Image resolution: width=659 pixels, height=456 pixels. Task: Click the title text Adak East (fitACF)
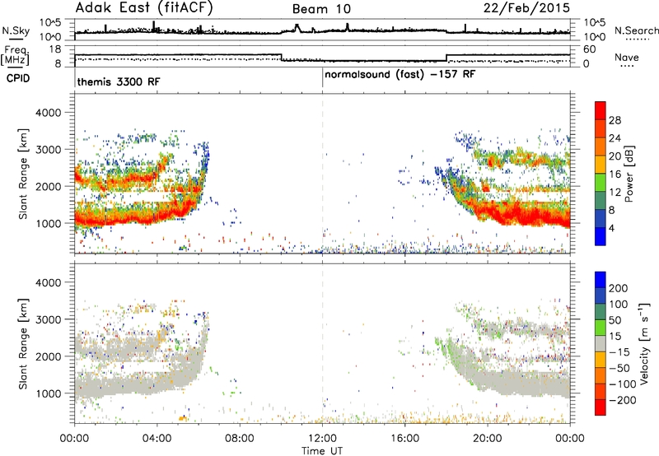coord(144,7)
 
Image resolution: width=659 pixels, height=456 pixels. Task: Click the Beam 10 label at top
coord(321,9)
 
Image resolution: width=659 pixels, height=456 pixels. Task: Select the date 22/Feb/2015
coord(526,7)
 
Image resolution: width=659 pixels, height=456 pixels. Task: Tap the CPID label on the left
coord(18,78)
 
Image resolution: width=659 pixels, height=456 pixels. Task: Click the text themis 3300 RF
coord(119,81)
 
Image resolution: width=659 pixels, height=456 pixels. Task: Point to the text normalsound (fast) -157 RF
coord(400,75)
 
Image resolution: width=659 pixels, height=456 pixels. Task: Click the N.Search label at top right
coord(636,30)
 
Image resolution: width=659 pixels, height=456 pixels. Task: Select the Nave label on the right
coord(627,57)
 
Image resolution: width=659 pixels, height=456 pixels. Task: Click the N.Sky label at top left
coord(16,30)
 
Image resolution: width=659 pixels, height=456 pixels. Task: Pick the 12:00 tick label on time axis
coord(322,439)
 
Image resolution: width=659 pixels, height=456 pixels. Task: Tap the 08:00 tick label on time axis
coord(240,439)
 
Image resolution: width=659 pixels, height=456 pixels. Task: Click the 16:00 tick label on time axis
coord(404,439)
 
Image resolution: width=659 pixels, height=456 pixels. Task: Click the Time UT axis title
coord(322,451)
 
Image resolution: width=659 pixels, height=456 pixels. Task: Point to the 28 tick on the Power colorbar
coord(615,120)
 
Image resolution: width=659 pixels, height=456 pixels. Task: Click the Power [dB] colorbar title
coord(629,174)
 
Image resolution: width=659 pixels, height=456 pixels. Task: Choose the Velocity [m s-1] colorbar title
coord(643,343)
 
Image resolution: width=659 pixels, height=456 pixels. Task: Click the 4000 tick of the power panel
coord(49,113)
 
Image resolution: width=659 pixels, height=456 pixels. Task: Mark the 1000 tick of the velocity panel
coord(49,393)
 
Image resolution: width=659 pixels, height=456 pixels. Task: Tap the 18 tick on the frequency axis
coord(55,49)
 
